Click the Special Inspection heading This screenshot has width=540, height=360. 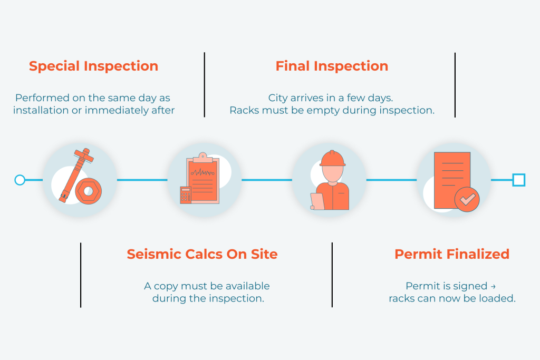tap(93, 66)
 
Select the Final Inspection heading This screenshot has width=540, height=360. tap(332, 66)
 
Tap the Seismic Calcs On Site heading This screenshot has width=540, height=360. tap(202, 254)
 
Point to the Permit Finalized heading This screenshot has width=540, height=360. tap(452, 254)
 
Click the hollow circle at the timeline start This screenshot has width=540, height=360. tap(20, 180)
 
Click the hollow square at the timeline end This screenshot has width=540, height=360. tap(519, 180)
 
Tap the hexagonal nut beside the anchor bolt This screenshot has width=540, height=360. tap(88, 191)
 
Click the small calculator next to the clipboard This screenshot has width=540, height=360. tap(185, 195)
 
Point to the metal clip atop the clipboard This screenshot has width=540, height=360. tap(203, 157)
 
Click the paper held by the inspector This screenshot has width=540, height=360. tap(317, 201)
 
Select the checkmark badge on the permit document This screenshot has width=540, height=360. tap(467, 199)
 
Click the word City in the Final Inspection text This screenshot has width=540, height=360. tap(278, 98)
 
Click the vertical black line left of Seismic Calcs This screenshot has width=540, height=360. tap(81, 275)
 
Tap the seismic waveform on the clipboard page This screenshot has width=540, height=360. tap(203, 172)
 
